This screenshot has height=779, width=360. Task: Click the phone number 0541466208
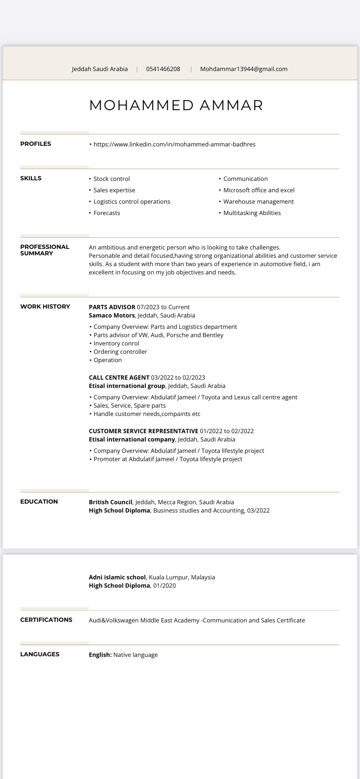[x=163, y=69]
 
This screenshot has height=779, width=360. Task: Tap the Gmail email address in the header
[x=244, y=69]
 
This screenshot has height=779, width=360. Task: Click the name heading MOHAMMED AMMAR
[x=176, y=105]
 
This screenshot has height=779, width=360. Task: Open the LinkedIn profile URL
[x=174, y=144]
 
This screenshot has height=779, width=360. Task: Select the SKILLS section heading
[x=31, y=178]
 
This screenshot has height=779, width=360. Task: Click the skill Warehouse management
[x=258, y=202]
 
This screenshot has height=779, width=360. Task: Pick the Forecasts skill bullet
[x=106, y=213]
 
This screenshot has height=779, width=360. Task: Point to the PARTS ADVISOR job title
[x=112, y=307]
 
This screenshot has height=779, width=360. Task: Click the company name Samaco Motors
[x=112, y=315]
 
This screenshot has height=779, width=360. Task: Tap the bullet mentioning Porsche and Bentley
[x=158, y=335]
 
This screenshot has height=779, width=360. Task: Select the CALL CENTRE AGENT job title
[x=119, y=378]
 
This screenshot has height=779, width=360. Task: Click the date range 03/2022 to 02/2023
[x=178, y=378]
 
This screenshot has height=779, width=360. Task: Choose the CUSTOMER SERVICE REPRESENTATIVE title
[x=143, y=431]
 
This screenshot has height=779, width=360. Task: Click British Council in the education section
[x=110, y=502]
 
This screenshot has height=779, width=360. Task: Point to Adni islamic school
[x=117, y=577]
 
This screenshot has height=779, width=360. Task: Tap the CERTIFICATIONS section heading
[x=46, y=620]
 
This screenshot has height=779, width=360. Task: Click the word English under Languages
[x=100, y=655]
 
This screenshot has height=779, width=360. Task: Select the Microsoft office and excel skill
[x=259, y=190]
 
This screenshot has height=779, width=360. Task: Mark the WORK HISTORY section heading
[x=45, y=306]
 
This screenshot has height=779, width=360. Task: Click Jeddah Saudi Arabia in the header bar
[x=100, y=69]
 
